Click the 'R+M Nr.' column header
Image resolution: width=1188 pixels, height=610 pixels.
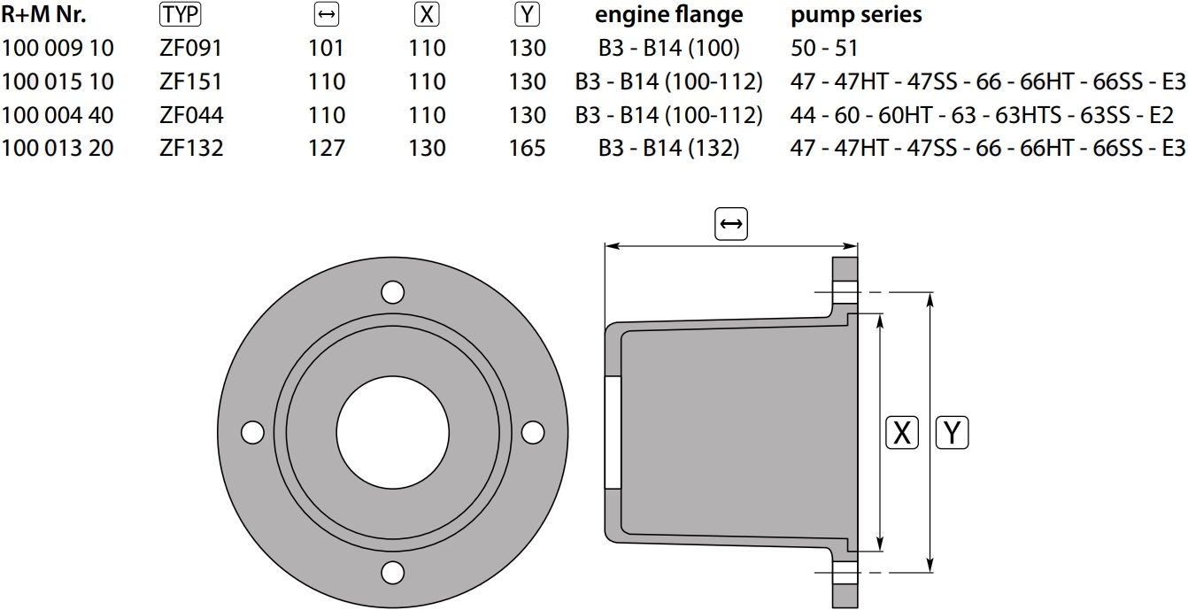click(x=43, y=15)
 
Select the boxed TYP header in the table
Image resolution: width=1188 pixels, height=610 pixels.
click(x=181, y=14)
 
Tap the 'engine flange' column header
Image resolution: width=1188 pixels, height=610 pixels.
click(x=668, y=15)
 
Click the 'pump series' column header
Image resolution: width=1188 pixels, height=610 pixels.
click(x=856, y=15)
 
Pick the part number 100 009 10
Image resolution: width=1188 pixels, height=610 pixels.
click(x=58, y=49)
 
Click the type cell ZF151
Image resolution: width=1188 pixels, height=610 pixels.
click(x=191, y=81)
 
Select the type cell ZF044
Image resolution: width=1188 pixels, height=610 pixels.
click(x=191, y=115)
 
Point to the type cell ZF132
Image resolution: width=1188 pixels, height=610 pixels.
click(x=191, y=148)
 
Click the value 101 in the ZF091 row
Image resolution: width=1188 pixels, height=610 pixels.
click(x=326, y=49)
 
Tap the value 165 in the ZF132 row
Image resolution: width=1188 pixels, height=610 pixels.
click(x=528, y=148)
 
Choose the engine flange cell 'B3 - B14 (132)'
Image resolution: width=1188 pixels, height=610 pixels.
click(x=668, y=148)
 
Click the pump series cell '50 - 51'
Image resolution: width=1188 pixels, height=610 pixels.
click(x=824, y=49)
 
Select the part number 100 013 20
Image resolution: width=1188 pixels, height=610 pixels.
click(x=58, y=148)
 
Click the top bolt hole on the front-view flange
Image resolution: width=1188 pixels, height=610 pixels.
click(x=392, y=292)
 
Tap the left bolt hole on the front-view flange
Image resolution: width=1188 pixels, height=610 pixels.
click(x=252, y=432)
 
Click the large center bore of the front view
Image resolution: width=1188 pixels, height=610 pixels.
click(x=392, y=432)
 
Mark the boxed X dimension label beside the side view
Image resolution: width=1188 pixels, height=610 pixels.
click(x=902, y=433)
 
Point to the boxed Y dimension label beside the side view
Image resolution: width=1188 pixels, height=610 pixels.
click(x=952, y=433)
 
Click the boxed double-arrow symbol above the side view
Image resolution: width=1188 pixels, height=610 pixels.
click(x=731, y=224)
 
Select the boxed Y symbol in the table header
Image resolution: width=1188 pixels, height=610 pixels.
click(x=528, y=14)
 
